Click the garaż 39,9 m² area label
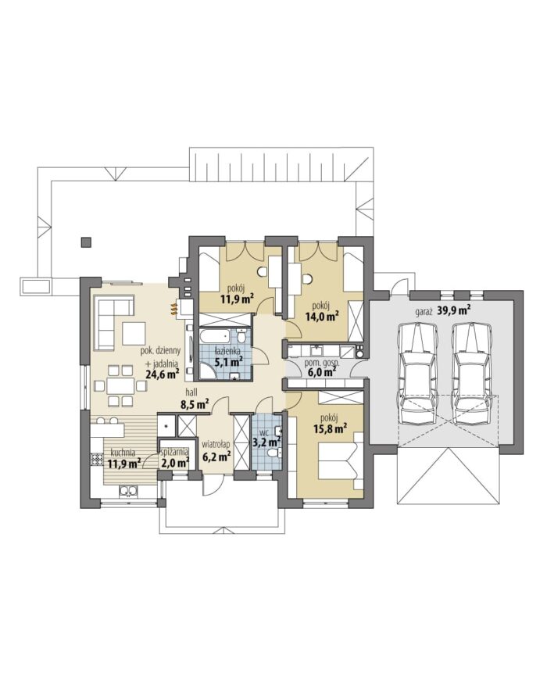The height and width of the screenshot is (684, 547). (x=442, y=311)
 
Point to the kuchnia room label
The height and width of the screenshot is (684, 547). (x=122, y=452)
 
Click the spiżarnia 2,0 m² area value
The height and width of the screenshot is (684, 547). (x=175, y=462)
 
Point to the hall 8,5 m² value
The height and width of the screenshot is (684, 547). (x=195, y=403)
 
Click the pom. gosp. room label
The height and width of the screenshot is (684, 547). (x=324, y=363)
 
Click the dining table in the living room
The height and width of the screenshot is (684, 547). (x=120, y=386)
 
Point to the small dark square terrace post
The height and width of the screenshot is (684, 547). (x=86, y=242)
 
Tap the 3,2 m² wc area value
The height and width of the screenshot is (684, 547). (x=266, y=442)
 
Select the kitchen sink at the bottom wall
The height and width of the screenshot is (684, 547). (x=129, y=491)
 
